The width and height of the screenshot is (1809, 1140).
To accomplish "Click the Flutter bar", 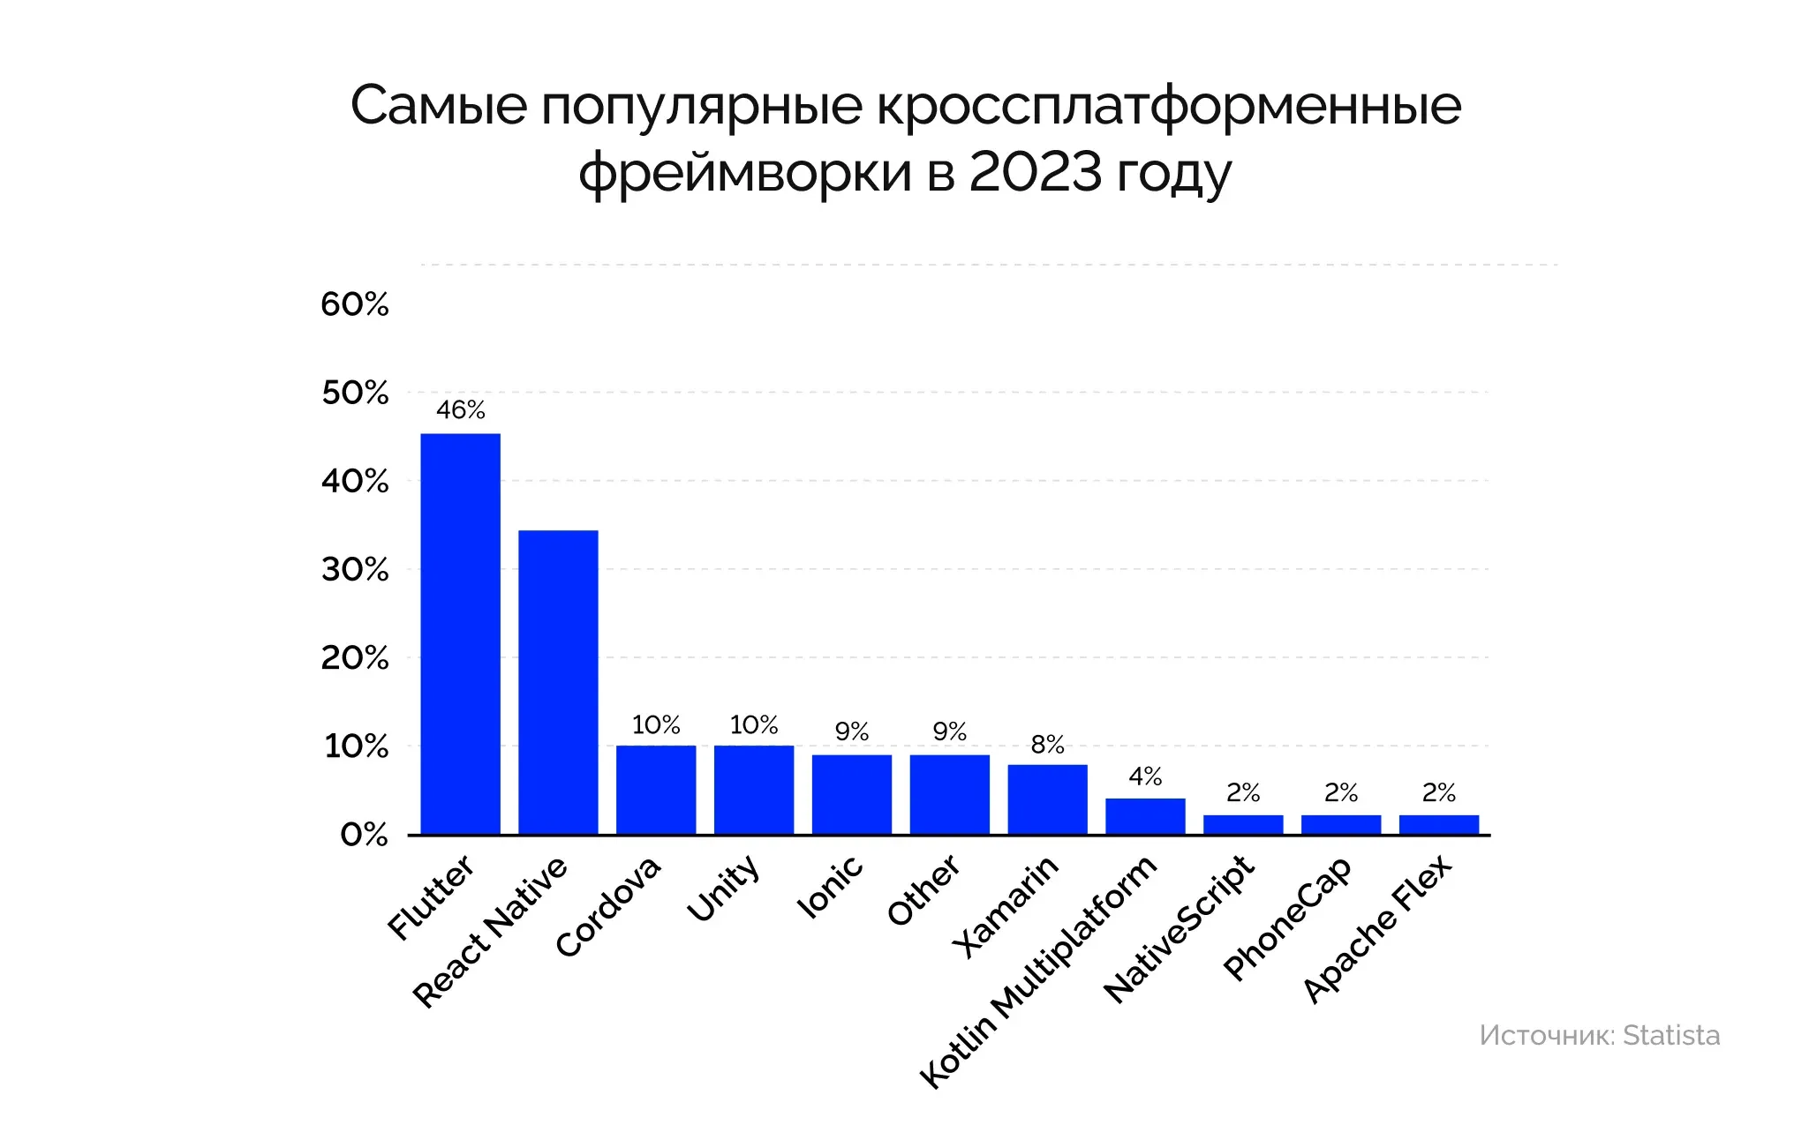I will tap(460, 634).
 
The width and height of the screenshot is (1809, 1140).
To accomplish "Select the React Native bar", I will tap(558, 682).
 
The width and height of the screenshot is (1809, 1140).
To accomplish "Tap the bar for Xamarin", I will tap(1047, 799).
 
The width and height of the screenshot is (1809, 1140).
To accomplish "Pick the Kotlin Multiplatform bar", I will tap(1145, 816).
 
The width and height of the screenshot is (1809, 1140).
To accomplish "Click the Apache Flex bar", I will tap(1438, 824).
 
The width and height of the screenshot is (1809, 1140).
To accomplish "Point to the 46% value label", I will tap(461, 410).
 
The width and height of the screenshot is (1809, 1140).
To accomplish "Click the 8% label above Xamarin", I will tap(1047, 745).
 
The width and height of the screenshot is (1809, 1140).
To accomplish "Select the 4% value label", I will tap(1145, 776).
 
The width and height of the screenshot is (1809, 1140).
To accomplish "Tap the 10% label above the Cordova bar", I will tap(656, 725).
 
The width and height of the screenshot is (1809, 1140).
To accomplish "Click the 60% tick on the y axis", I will tap(354, 304).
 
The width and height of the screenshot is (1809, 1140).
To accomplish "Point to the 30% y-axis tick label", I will tap(354, 570).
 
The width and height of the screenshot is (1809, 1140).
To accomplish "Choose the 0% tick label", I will tap(364, 835).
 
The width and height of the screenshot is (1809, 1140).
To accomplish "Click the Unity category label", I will tap(724, 888).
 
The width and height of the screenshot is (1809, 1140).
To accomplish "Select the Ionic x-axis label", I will tap(830, 887).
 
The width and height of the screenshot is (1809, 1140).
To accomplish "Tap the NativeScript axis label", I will tap(1180, 928).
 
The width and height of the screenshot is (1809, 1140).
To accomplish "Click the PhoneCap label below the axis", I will tap(1287, 918).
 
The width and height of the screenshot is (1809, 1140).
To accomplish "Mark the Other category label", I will tap(923, 889).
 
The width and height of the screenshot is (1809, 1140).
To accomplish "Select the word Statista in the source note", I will tap(1671, 1035).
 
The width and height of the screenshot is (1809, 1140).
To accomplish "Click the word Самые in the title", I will tap(439, 106).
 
